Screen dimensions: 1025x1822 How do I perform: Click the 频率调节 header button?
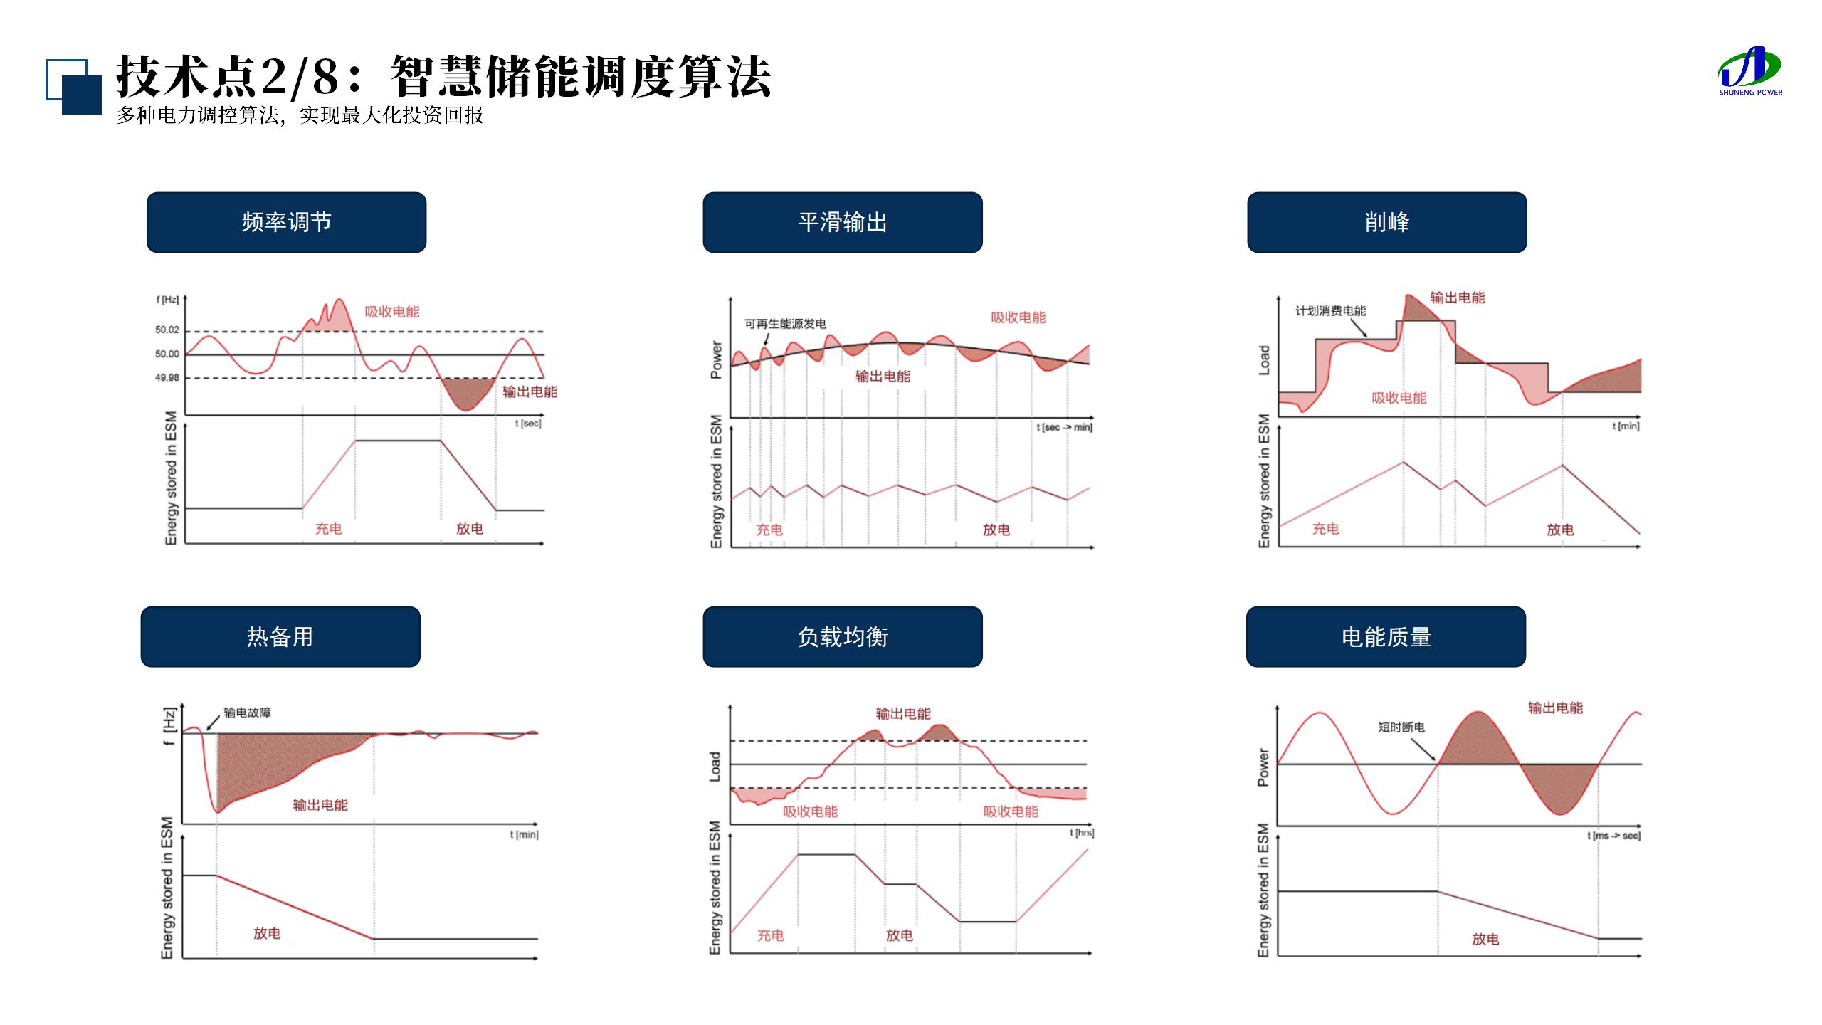coord(286,222)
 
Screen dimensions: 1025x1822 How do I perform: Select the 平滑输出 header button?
coord(843,222)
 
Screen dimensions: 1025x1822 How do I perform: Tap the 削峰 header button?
coord(1386,222)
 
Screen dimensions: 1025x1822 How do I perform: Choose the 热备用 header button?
coord(280,636)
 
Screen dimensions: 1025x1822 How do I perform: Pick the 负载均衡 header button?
coord(843,636)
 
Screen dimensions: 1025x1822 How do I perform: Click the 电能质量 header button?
coord(1386,636)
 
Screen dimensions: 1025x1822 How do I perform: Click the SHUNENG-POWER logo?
coord(1750,71)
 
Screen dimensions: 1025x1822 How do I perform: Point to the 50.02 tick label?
coord(167,330)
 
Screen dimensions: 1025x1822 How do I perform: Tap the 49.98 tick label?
coord(167,378)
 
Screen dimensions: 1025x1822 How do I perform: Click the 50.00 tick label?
coord(167,354)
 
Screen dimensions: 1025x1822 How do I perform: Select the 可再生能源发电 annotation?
coord(785,324)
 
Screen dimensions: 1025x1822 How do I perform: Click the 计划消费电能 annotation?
coord(1330,311)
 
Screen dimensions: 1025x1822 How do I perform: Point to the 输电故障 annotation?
coord(247,713)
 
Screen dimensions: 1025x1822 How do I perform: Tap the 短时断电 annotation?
coord(1401,727)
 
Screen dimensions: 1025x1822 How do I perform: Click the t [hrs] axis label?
coord(1081,832)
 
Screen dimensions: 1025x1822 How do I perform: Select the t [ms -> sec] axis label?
coord(1613,836)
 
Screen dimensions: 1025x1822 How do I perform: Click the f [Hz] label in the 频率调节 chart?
coord(167,300)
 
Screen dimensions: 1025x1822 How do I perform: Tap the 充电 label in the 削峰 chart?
coord(1325,529)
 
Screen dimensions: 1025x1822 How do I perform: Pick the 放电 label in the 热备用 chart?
coord(267,933)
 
